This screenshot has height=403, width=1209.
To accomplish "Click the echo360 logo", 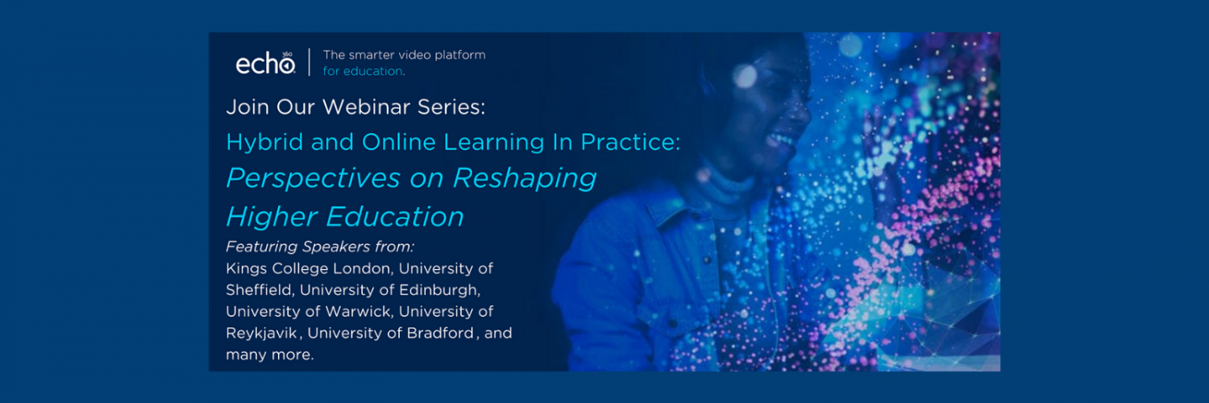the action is [265, 63].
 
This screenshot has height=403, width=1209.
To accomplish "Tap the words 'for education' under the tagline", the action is [364, 71].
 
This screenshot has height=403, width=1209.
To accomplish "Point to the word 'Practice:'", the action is [630, 142].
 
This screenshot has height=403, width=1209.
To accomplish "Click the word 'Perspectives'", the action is [314, 179].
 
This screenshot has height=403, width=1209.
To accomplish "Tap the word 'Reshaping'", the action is [525, 179].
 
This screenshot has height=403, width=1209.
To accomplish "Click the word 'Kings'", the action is [246, 268].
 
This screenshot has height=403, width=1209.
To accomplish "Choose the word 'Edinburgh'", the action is [439, 290].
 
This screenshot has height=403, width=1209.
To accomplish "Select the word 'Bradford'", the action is [440, 333].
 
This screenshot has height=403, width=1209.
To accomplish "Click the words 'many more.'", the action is [270, 355].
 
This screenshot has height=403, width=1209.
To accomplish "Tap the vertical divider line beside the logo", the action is [310, 62].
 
